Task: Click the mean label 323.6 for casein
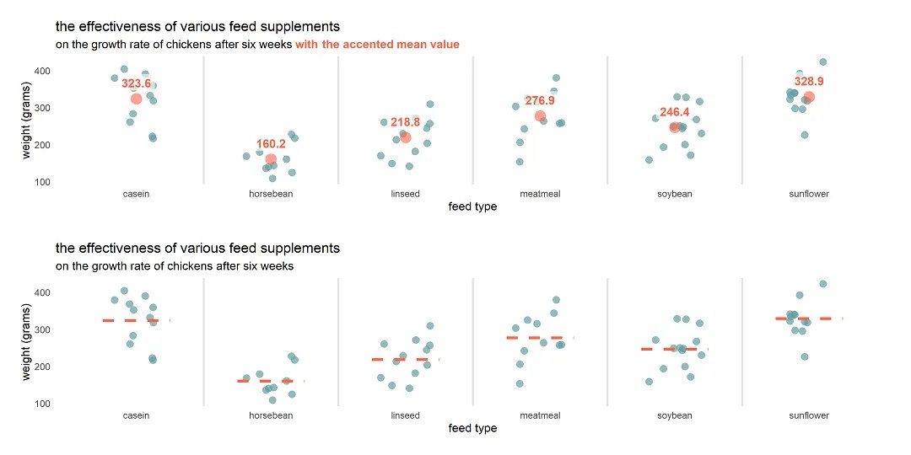pos(136,83)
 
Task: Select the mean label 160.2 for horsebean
pos(271,144)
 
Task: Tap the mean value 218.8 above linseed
pos(405,122)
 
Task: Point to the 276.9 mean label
pos(540,100)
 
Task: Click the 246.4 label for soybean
pos(675,112)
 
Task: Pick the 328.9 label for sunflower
pos(809,82)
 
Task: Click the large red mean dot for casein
pos(137,99)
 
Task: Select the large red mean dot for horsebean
pos(271,159)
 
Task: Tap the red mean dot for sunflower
pos(809,97)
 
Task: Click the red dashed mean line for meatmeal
pos(540,337)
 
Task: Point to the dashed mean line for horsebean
pos(270,381)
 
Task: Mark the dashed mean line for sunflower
pos(809,318)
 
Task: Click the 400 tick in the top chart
pos(43,71)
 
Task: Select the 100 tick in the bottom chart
pos(43,404)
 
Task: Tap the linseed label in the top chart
pos(405,194)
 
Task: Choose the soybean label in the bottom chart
pos(675,415)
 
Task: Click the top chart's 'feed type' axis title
pos(472,207)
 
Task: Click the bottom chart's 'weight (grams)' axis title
pos(28,345)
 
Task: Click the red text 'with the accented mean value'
pos(377,45)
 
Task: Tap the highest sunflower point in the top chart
pos(823,62)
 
